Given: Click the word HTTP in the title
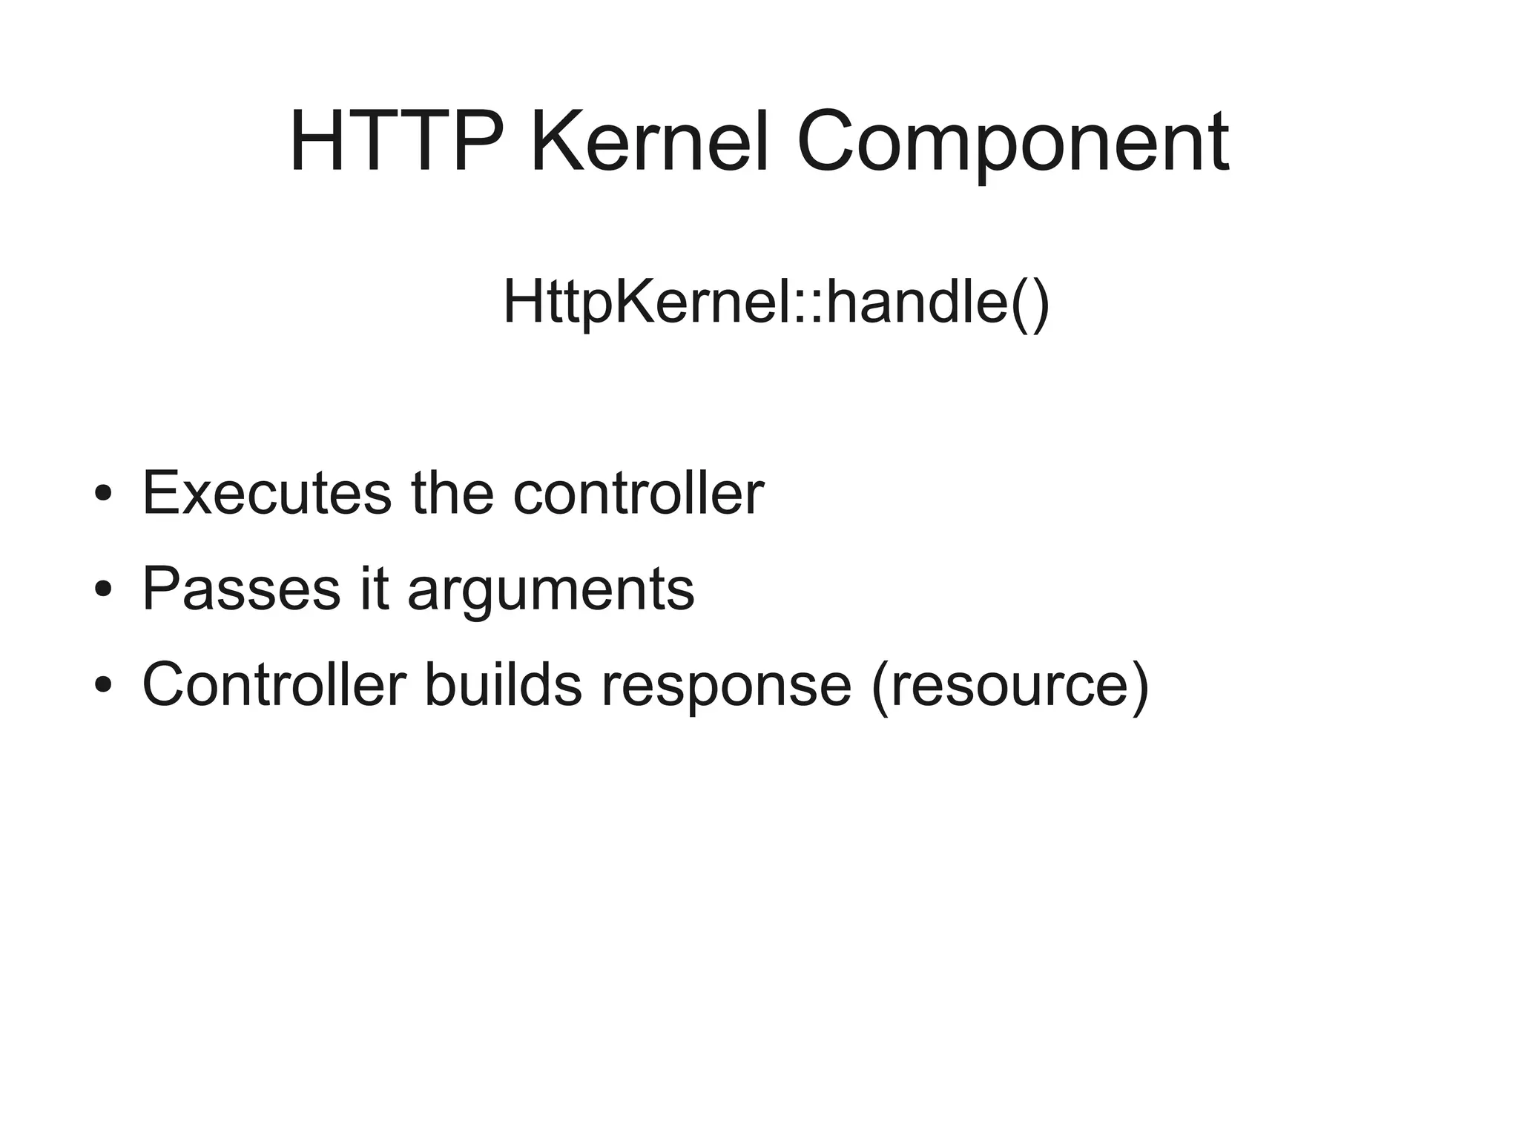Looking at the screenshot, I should click(x=398, y=142).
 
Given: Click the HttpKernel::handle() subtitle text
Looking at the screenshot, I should click(x=776, y=302).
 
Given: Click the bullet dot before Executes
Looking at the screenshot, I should click(x=103, y=494).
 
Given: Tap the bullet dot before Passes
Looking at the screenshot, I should click(x=103, y=589).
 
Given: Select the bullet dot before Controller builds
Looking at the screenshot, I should click(x=103, y=685).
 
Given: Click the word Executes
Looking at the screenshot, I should click(x=266, y=493).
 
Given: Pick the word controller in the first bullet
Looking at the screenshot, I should click(x=638, y=493).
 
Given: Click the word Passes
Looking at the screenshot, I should click(x=241, y=589).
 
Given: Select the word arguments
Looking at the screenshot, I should click(x=551, y=593).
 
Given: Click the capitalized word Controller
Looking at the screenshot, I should click(x=274, y=684).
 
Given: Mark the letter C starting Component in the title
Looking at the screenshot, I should click(x=828, y=142).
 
